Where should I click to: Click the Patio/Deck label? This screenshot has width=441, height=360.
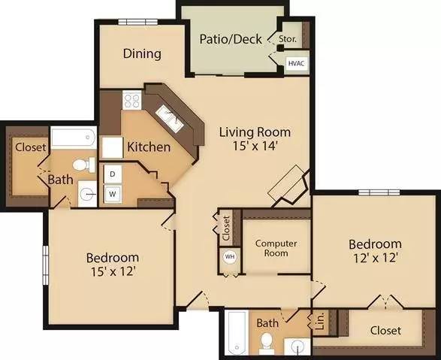coord(229,38)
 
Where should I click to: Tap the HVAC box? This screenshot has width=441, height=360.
coord(297,65)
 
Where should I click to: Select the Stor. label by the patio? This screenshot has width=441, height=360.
coord(287,38)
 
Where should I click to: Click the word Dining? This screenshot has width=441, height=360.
coord(142,53)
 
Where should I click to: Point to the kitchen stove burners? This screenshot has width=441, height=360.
coord(132,100)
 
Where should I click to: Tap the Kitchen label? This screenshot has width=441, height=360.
coord(148,147)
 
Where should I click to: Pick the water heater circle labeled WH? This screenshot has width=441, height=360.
coord(229,256)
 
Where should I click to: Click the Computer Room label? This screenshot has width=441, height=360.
coord(276,248)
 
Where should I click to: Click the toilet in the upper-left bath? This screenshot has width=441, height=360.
coord(81,164)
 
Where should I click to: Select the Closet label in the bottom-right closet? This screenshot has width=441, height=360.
coord(385,331)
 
